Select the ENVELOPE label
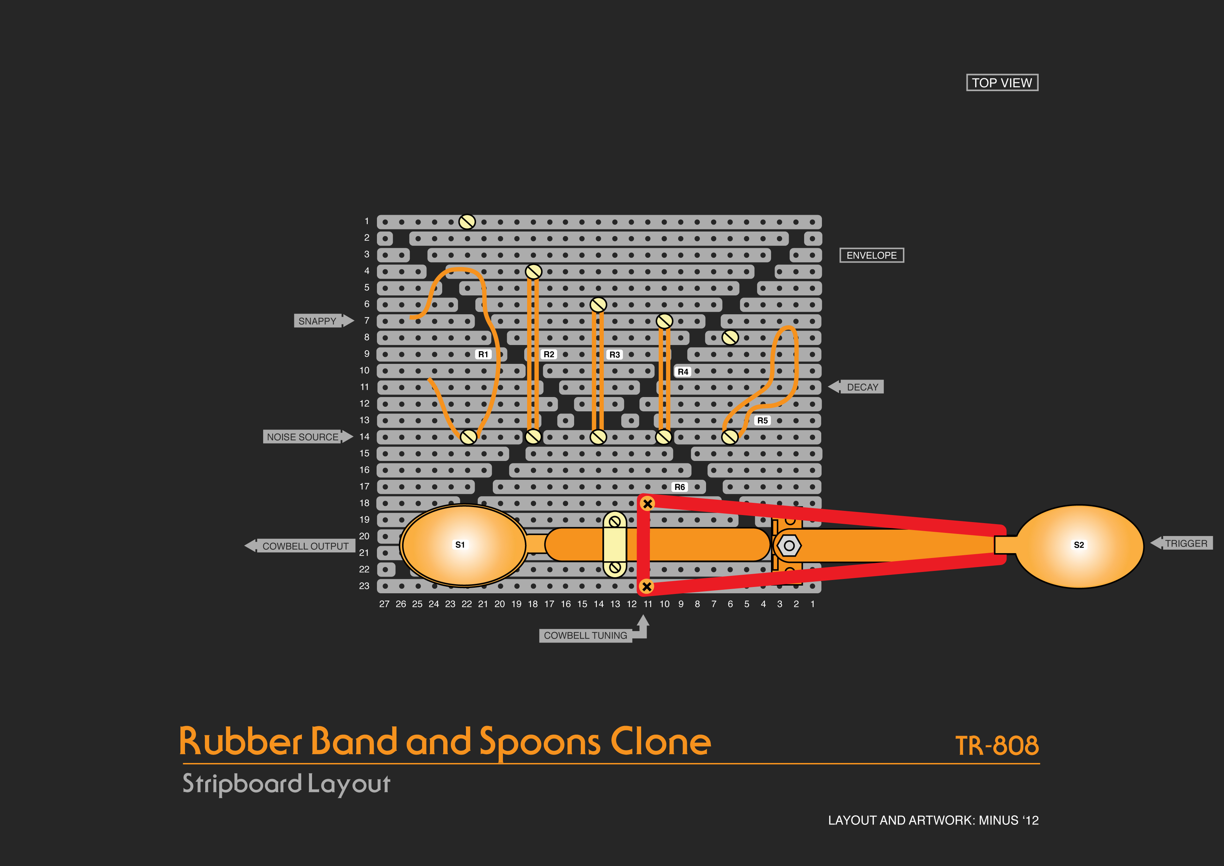pos(871,255)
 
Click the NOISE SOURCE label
pos(303,437)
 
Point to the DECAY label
pos(862,387)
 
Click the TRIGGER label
pos(1186,543)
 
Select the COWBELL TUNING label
pos(585,636)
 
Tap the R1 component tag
pos(483,354)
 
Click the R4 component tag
pos(683,372)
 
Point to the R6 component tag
pos(679,487)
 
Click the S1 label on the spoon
pos(460,544)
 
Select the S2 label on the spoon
pos(1078,544)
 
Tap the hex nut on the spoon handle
pos(789,545)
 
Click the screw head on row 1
pos(467,222)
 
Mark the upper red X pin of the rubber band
pos(647,504)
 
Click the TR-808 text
pos(996,746)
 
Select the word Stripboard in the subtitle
pos(242,784)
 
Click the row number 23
pos(364,586)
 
